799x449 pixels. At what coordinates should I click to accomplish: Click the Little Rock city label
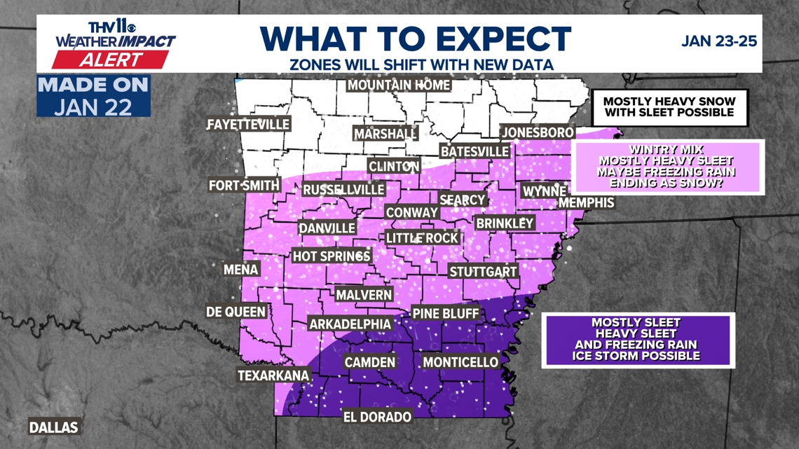click(x=422, y=238)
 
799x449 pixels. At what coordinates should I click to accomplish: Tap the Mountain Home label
click(x=399, y=85)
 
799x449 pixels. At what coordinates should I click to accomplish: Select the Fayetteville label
click(x=248, y=125)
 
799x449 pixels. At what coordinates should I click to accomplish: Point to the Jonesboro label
click(x=538, y=132)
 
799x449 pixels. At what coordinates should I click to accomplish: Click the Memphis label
click(x=586, y=202)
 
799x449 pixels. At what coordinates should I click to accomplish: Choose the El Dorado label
click(x=377, y=417)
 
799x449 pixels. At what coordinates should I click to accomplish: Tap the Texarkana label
click(x=273, y=375)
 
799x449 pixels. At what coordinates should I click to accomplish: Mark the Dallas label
click(x=53, y=427)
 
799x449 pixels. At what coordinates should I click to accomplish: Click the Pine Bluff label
click(x=445, y=313)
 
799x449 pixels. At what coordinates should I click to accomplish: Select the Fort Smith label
click(x=244, y=186)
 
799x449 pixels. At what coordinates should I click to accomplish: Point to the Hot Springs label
click(x=331, y=256)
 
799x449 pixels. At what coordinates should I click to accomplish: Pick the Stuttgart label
click(x=483, y=272)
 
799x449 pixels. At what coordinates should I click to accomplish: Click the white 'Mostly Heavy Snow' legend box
click(x=669, y=107)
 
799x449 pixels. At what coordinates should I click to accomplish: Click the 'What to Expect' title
click(x=416, y=38)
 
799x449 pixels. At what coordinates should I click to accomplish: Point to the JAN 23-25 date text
click(x=719, y=41)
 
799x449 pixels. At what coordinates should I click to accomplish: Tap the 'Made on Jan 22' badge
click(x=93, y=97)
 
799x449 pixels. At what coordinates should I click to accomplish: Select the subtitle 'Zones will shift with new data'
click(x=421, y=65)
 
